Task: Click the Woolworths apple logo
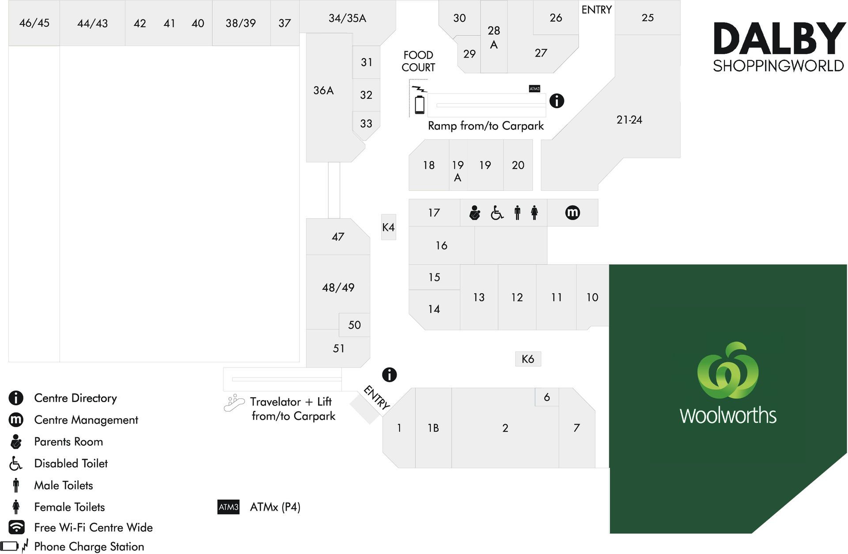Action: (x=727, y=371)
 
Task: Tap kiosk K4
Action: (x=388, y=227)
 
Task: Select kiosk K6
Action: (x=528, y=359)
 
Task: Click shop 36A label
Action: (x=323, y=91)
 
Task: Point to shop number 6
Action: (x=547, y=397)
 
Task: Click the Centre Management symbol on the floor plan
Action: (x=572, y=212)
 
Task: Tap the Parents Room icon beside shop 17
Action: (x=475, y=212)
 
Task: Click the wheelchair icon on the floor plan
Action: (x=497, y=213)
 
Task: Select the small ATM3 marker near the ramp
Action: (x=534, y=88)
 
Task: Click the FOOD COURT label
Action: (x=418, y=61)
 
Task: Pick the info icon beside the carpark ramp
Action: (x=556, y=101)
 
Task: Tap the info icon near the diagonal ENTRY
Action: (x=389, y=375)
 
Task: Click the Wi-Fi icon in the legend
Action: (x=16, y=527)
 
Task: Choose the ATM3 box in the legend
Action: (x=228, y=507)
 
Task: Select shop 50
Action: (x=354, y=325)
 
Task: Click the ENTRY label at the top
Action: (x=596, y=10)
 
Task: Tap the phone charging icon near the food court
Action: (x=419, y=100)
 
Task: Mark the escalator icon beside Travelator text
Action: (x=234, y=403)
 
